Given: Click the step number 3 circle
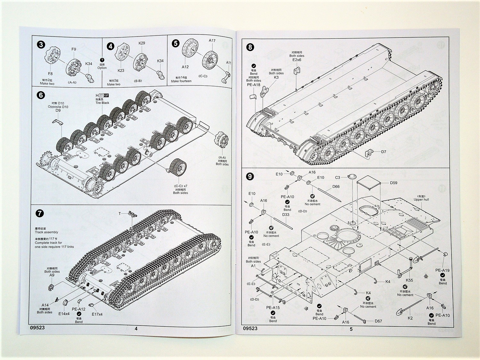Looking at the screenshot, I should (x=41, y=44).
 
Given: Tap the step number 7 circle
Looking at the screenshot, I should (x=40, y=213).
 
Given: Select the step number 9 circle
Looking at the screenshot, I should (x=250, y=176).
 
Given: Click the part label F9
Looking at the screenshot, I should (x=74, y=49).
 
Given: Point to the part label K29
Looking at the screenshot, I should (x=142, y=43).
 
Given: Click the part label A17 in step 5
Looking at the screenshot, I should (x=212, y=41).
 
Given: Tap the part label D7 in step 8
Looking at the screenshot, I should (x=384, y=152).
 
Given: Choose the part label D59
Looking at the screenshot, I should (x=394, y=183).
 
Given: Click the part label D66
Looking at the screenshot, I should (x=336, y=187).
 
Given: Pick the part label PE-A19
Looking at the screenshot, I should (x=442, y=270).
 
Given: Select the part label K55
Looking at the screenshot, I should (x=409, y=280).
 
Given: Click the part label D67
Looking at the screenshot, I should (x=378, y=321).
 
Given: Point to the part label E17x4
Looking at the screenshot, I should (x=97, y=314).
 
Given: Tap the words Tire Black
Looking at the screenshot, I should (x=102, y=103).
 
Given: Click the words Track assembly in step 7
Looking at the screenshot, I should (x=46, y=232).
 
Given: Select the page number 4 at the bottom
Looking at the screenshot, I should (x=136, y=329).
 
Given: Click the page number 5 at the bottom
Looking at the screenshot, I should (x=351, y=329).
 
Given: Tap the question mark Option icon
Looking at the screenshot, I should (x=102, y=60).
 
